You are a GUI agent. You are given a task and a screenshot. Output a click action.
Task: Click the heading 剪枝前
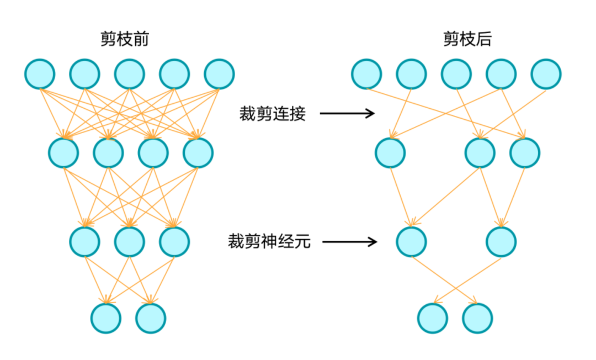[125, 39]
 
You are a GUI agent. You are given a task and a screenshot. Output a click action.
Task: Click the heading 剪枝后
[467, 39]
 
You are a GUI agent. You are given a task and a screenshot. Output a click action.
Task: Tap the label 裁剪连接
[272, 114]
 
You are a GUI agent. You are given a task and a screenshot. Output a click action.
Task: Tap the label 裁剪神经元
[269, 241]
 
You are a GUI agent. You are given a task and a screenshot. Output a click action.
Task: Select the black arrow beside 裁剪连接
[347, 113]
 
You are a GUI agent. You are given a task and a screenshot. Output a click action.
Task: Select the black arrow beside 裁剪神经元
[349, 241]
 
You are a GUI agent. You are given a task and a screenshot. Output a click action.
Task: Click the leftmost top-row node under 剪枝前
[40, 74]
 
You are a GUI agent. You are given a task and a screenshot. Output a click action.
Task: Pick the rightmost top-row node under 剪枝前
[219, 74]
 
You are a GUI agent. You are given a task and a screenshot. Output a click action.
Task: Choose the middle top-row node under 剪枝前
[130, 74]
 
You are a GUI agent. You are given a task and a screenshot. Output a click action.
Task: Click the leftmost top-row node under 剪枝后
[366, 74]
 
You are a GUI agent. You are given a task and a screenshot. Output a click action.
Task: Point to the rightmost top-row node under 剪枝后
[546, 74]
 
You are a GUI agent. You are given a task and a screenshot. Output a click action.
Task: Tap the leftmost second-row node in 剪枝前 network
[63, 153]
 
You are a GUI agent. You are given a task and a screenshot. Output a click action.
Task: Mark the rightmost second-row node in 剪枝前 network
[198, 153]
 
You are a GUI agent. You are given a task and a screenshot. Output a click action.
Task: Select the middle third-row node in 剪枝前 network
[130, 242]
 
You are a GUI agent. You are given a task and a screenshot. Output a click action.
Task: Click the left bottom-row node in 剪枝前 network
[106, 318]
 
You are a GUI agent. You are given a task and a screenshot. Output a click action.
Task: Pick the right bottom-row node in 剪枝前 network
[151, 318]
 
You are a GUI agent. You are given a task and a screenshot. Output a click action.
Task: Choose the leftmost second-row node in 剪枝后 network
[390, 153]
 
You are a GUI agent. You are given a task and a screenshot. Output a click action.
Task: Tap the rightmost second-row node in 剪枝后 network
[525, 153]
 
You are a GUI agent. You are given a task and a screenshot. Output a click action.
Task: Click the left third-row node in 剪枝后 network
[411, 242]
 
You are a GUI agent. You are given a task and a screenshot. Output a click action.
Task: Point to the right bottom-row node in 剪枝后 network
[477, 318]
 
